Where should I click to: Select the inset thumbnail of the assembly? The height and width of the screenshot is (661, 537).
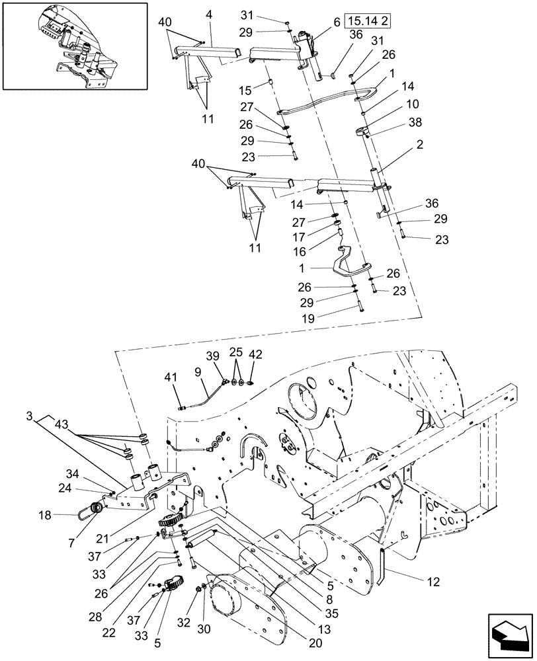74,46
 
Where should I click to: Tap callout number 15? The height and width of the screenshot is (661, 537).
244,90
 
